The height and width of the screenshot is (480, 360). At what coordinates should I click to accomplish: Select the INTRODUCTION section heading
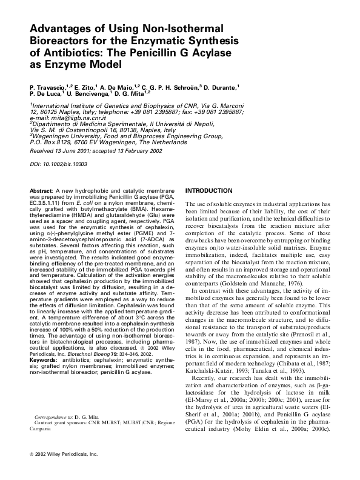click(208, 190)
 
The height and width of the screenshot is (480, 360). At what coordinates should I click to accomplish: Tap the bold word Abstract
click(41, 190)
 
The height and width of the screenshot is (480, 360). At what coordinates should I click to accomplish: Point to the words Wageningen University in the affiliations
click(59, 137)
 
